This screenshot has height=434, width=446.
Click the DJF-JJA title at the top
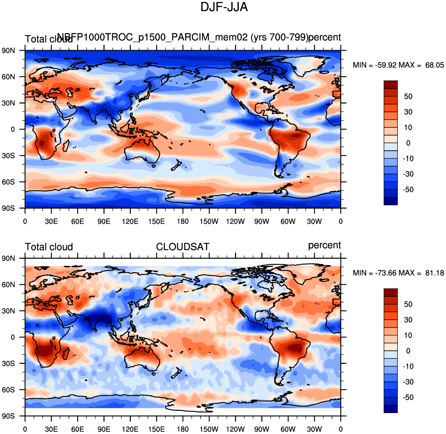224,7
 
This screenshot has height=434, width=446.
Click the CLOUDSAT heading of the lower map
182,247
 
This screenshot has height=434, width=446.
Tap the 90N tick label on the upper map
8,51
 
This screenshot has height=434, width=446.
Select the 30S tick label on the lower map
8,363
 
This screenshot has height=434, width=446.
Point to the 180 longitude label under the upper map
183,221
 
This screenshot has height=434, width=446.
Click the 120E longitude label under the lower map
130,429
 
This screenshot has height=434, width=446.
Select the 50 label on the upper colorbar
408,97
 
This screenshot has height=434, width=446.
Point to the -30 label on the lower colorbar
408,382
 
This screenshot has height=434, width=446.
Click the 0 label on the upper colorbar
408,143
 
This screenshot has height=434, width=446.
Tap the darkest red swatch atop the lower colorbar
391,292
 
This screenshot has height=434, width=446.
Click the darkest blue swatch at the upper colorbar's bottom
391,201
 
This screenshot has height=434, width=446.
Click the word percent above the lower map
324,245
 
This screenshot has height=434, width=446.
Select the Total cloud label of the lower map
49,247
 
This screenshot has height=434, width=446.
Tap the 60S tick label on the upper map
8,182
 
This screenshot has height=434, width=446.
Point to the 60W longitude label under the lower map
288,429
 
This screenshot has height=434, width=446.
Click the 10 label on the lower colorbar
408,335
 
